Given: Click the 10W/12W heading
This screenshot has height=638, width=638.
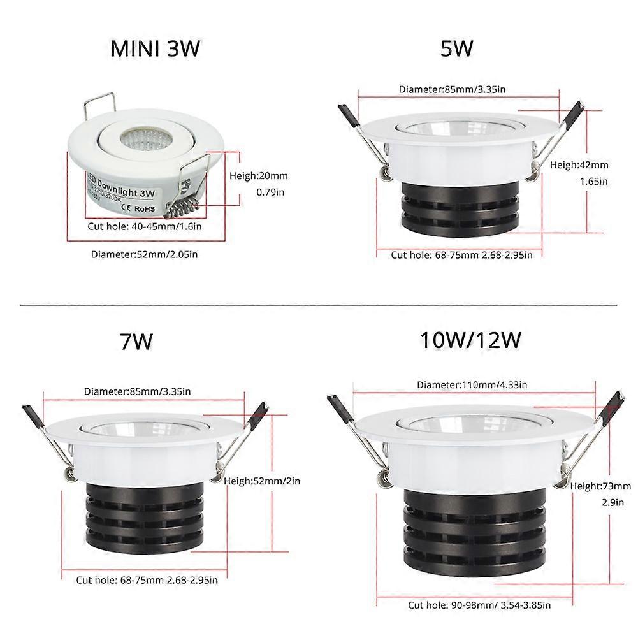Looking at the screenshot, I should (471, 340).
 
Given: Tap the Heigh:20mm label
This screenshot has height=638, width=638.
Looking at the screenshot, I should (258, 175).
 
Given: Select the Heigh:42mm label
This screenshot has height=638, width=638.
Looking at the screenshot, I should (579, 164).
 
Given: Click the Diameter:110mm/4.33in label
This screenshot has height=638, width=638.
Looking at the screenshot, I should (471, 385).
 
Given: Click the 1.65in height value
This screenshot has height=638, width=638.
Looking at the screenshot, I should (593, 181).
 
